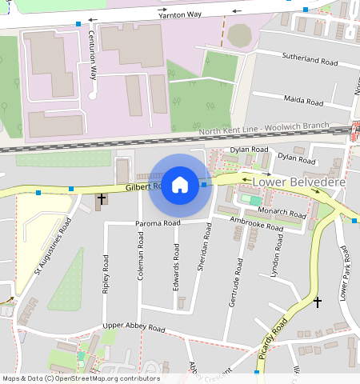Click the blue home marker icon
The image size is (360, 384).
pyautogui.click(x=180, y=186)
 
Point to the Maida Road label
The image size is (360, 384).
pyautogui.click(x=304, y=101)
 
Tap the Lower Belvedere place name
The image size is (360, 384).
pyautogui.click(x=298, y=182)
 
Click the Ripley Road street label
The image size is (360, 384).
pyautogui.click(x=106, y=274)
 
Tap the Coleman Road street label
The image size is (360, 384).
pyautogui.click(x=140, y=256)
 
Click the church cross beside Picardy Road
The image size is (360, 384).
pyautogui.click(x=318, y=302)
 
